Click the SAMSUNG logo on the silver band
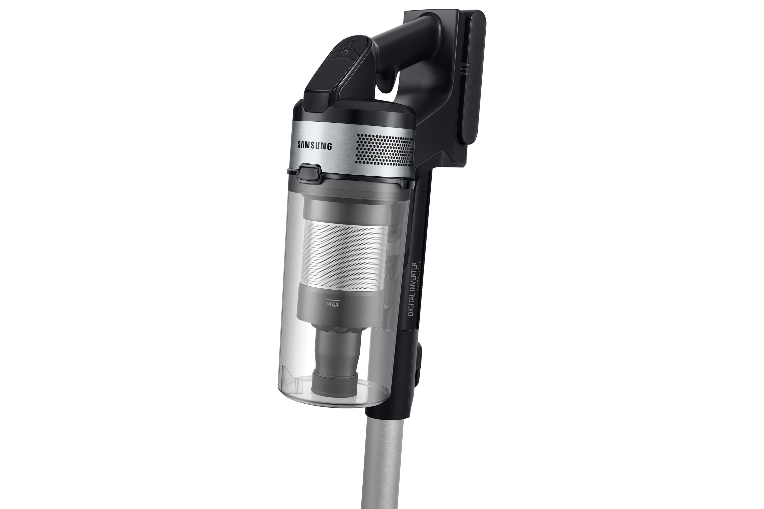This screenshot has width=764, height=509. click(x=315, y=145)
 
